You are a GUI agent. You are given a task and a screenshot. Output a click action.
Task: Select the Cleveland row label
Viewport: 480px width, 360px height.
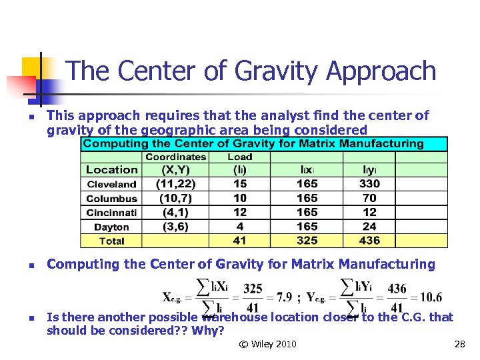111,184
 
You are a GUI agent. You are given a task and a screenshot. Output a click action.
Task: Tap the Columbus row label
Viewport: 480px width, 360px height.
111,198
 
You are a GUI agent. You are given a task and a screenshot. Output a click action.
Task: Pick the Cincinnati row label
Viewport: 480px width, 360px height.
111,213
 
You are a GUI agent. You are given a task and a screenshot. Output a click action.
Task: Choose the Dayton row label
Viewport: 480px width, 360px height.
111,227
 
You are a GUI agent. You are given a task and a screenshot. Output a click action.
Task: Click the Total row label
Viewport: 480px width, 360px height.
111,241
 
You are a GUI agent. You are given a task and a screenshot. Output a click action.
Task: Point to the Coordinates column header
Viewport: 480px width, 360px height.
176,157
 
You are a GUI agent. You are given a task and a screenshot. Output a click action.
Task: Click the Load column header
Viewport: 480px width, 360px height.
239,157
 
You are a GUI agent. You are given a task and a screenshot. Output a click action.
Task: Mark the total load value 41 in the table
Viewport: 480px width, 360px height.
240,241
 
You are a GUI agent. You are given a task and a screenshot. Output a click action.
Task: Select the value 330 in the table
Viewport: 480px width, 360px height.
369,184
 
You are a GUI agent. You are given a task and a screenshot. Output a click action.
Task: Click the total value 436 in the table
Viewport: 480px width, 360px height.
369,241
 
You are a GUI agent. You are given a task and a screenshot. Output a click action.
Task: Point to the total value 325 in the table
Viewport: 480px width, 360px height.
307,241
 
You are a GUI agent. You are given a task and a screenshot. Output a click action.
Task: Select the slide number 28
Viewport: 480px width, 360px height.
459,344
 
